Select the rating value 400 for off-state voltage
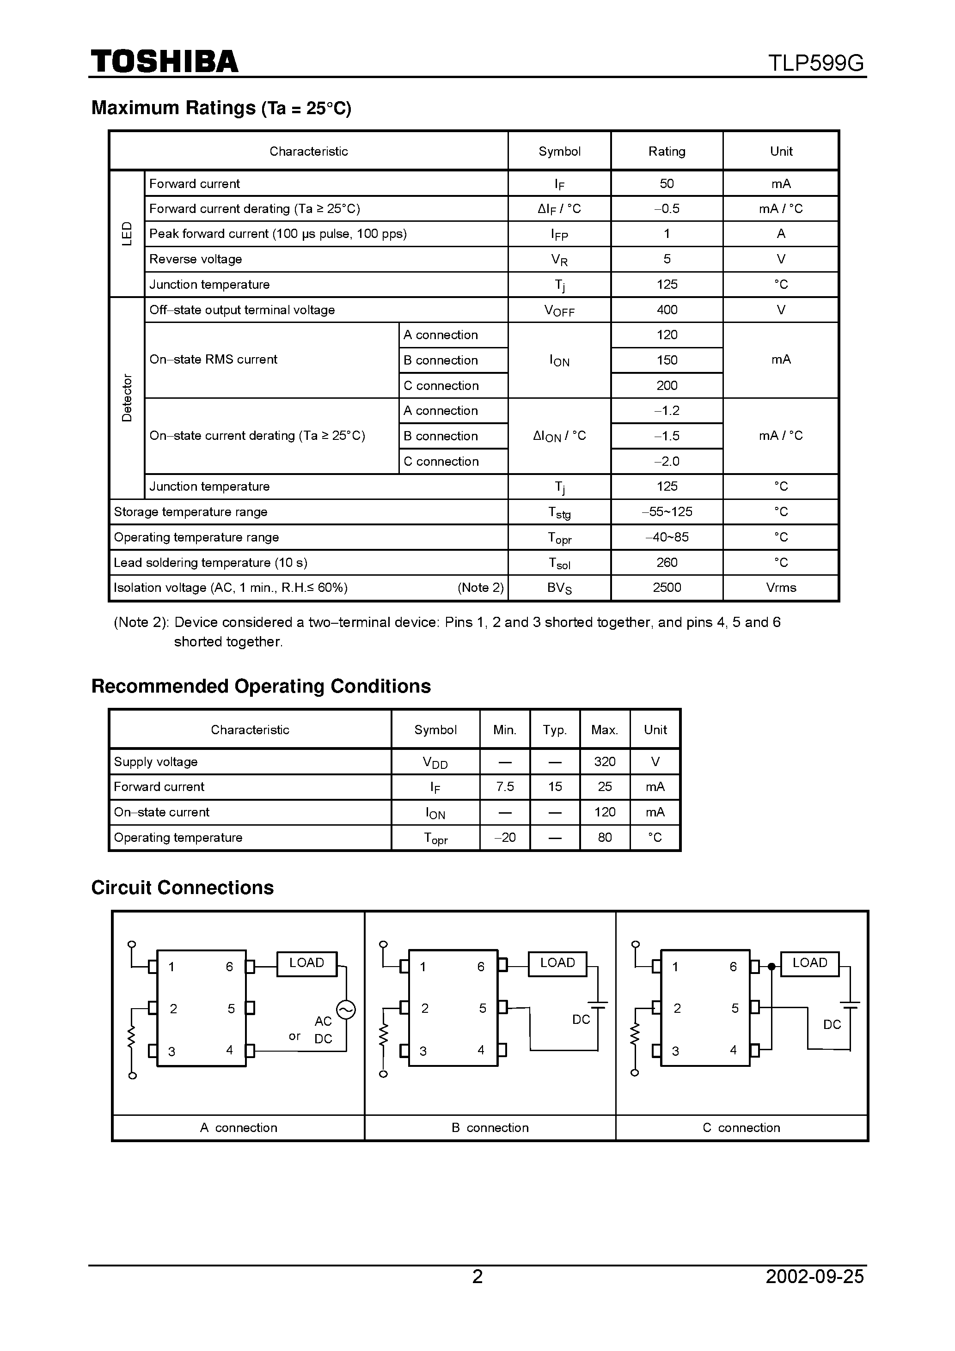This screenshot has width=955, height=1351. (667, 310)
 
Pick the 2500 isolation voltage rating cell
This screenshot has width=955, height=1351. (667, 588)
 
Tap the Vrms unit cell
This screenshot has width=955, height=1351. (781, 588)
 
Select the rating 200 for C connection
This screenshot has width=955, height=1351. (667, 386)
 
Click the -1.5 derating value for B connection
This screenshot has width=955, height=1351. (667, 436)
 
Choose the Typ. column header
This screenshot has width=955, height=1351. (555, 730)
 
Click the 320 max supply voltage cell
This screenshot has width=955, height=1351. (605, 762)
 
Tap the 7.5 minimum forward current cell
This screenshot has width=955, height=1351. (505, 787)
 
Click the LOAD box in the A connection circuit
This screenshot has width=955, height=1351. (307, 963)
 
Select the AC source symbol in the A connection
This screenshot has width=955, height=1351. (346, 1010)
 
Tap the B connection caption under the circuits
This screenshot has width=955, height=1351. (490, 1127)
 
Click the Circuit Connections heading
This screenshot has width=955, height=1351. (183, 887)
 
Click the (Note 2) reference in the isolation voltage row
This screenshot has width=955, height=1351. (480, 588)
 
